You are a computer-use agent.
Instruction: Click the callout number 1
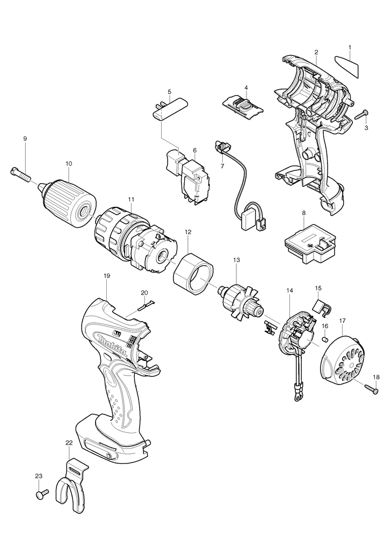[350, 48]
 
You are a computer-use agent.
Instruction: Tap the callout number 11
[130, 199]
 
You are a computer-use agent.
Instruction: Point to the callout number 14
[289, 291]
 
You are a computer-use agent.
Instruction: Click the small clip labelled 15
[320, 306]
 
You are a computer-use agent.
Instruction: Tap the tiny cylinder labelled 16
[324, 339]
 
